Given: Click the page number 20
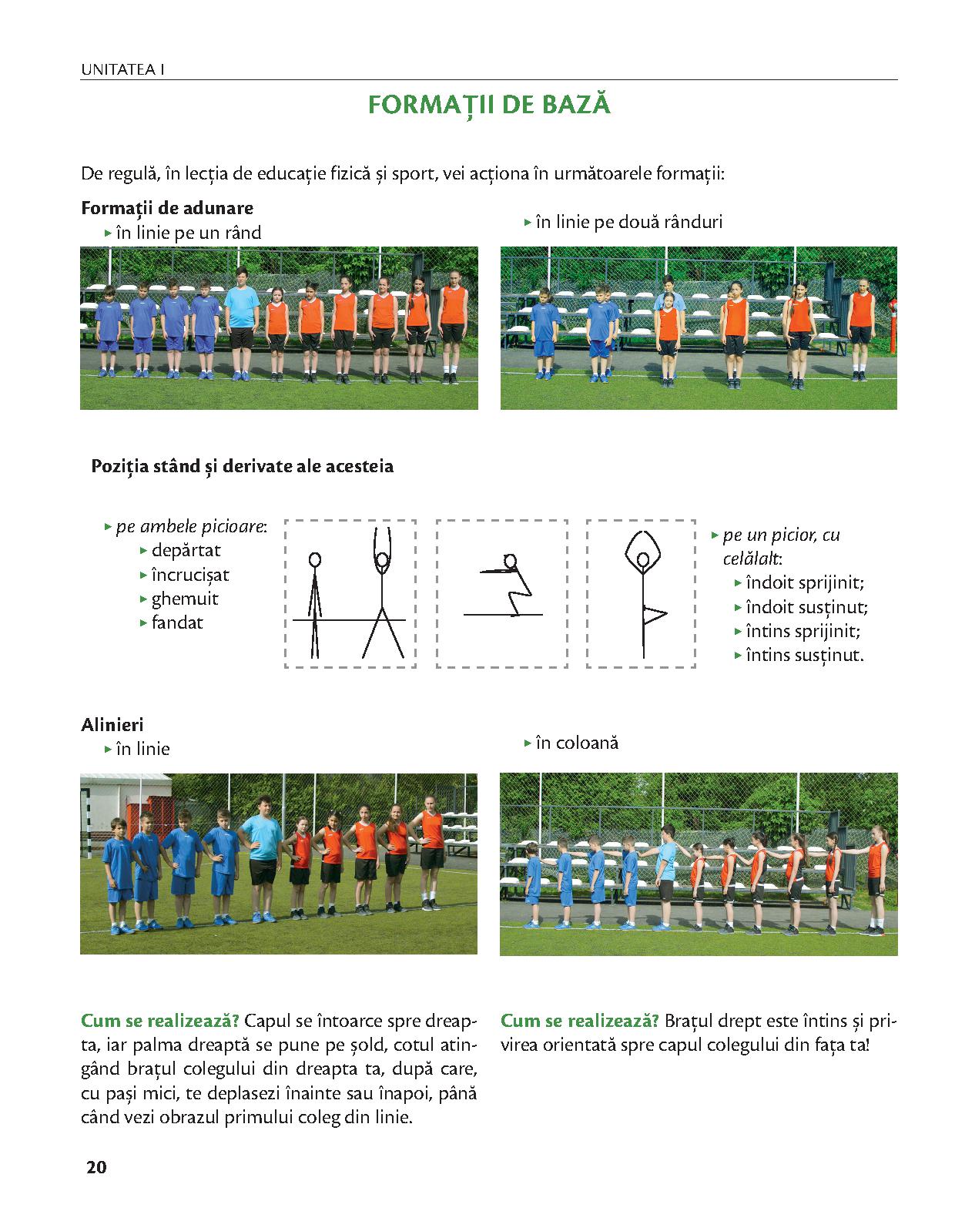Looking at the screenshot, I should click(x=97, y=1167).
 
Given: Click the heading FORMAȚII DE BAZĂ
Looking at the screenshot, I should click(x=489, y=105).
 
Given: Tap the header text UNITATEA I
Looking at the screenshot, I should click(x=123, y=70).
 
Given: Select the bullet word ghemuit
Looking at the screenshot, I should click(x=185, y=599).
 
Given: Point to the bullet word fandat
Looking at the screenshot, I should click(x=177, y=622).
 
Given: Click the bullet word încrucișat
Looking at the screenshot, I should click(x=190, y=575).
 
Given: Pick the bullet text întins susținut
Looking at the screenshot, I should click(x=805, y=656).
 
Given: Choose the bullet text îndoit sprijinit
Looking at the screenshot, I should click(x=805, y=582).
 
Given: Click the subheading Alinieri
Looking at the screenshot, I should click(x=112, y=724).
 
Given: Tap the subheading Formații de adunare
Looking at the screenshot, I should click(x=167, y=208).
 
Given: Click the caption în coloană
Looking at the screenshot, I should click(x=577, y=743).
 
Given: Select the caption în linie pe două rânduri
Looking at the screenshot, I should click(x=628, y=222).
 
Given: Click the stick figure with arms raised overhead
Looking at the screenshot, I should click(x=382, y=589).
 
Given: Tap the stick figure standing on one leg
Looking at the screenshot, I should click(x=644, y=593).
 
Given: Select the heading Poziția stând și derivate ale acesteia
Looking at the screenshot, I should click(x=242, y=466).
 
